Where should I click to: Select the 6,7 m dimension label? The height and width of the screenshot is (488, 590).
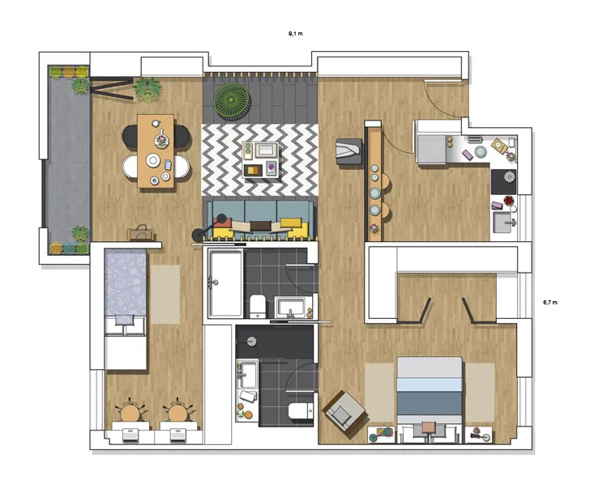coord(550,302)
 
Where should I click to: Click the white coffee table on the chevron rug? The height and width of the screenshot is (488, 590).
coord(259,159)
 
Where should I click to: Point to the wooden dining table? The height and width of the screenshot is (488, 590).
coord(156,151)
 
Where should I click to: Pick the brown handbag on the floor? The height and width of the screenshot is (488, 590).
coord(139,233)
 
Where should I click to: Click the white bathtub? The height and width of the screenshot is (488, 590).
coord(224,283)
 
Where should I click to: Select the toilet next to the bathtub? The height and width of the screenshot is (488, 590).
coord(258,306)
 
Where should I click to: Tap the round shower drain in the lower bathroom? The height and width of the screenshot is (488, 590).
coord(250,342)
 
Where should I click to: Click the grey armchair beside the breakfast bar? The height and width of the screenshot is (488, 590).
coord(350,151)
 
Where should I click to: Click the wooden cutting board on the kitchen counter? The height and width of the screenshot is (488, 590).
coord(499,147)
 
